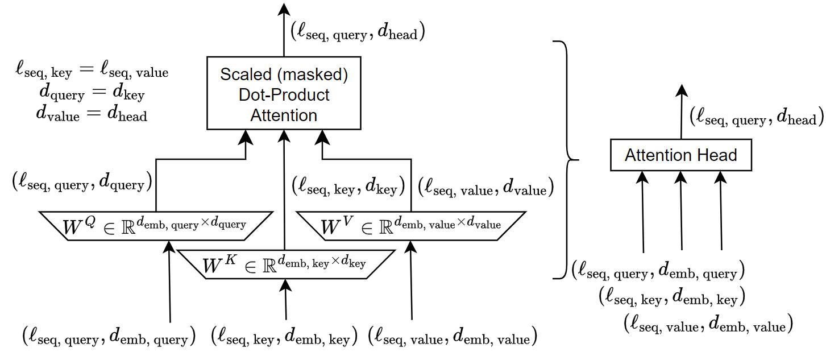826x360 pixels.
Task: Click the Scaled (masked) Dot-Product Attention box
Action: click(x=284, y=93)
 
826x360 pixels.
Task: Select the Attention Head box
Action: click(x=680, y=155)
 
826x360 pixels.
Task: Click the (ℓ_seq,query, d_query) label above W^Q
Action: click(x=82, y=182)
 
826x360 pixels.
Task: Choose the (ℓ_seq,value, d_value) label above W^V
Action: click(x=485, y=187)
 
